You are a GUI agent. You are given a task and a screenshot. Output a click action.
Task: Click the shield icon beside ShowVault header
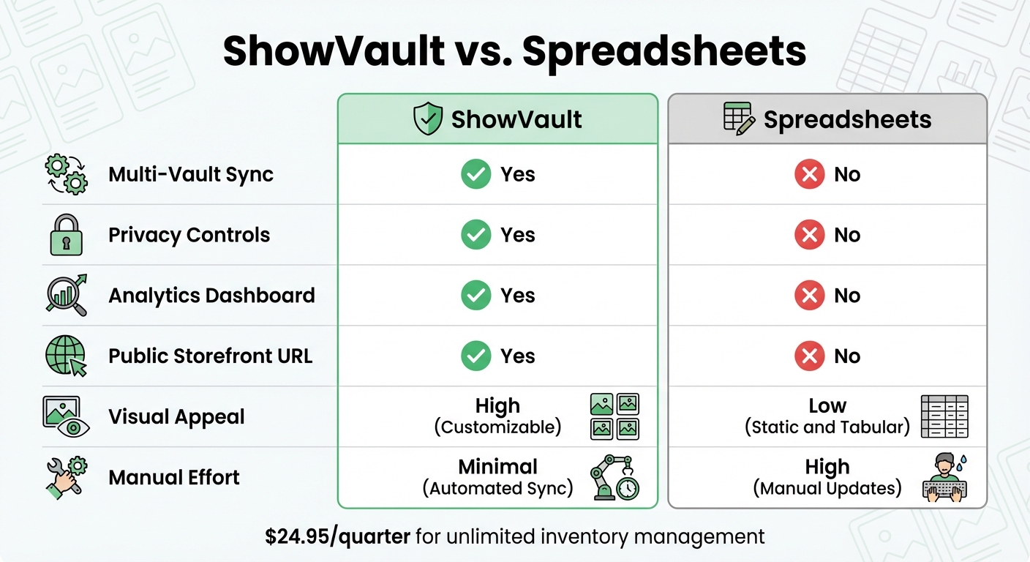coord(428,119)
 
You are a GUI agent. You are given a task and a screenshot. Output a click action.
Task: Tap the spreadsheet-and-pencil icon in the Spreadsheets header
coord(739,119)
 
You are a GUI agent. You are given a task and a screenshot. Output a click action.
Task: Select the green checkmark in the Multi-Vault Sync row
coord(476,174)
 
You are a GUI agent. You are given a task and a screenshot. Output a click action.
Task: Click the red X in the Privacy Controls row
coord(809,235)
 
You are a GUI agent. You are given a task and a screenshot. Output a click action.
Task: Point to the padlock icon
coord(67,235)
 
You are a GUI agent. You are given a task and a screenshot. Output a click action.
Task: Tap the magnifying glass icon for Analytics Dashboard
coord(67,295)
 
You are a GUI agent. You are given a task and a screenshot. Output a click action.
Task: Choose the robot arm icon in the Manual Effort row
coord(614,477)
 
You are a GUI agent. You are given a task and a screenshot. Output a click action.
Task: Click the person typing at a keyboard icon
coord(945,477)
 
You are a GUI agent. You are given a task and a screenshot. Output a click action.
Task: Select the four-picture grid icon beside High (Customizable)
coord(614,416)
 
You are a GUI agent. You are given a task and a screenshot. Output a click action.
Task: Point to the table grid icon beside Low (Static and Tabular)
coord(945,416)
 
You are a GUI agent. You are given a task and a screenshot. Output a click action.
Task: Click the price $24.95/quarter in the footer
coord(337,536)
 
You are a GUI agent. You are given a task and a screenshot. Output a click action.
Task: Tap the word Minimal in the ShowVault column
coord(498,466)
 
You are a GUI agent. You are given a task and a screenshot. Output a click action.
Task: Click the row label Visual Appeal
coord(176,416)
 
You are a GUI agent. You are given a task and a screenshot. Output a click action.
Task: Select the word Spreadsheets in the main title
coord(664,51)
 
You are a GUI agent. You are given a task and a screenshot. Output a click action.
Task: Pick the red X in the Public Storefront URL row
coord(809,356)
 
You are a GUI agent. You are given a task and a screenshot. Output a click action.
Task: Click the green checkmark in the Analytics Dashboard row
coord(476,295)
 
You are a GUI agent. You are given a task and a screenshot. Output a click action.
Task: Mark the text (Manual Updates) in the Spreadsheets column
coord(827,488)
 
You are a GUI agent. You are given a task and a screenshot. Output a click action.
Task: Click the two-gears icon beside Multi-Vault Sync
coord(67,174)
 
